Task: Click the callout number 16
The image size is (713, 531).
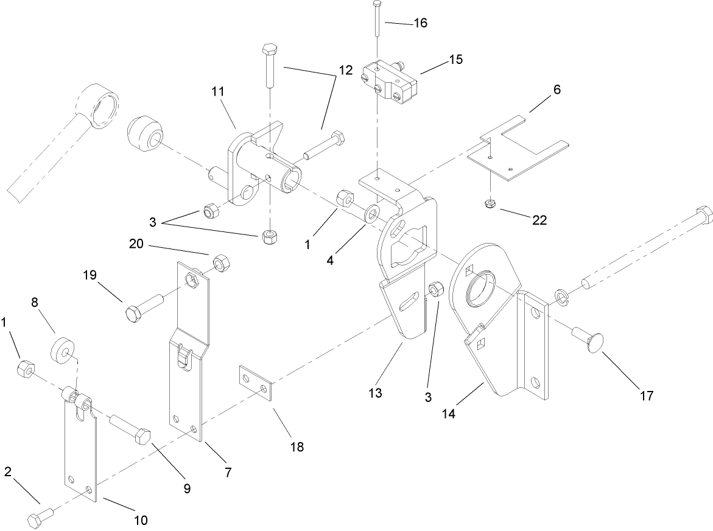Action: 420,23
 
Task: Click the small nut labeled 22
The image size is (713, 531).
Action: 490,203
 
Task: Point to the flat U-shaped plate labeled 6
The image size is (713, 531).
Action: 518,149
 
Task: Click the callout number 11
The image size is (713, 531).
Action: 218,92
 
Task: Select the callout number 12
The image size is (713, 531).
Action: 345,70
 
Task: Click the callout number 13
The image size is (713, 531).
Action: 375,393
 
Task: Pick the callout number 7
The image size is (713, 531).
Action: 227,471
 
